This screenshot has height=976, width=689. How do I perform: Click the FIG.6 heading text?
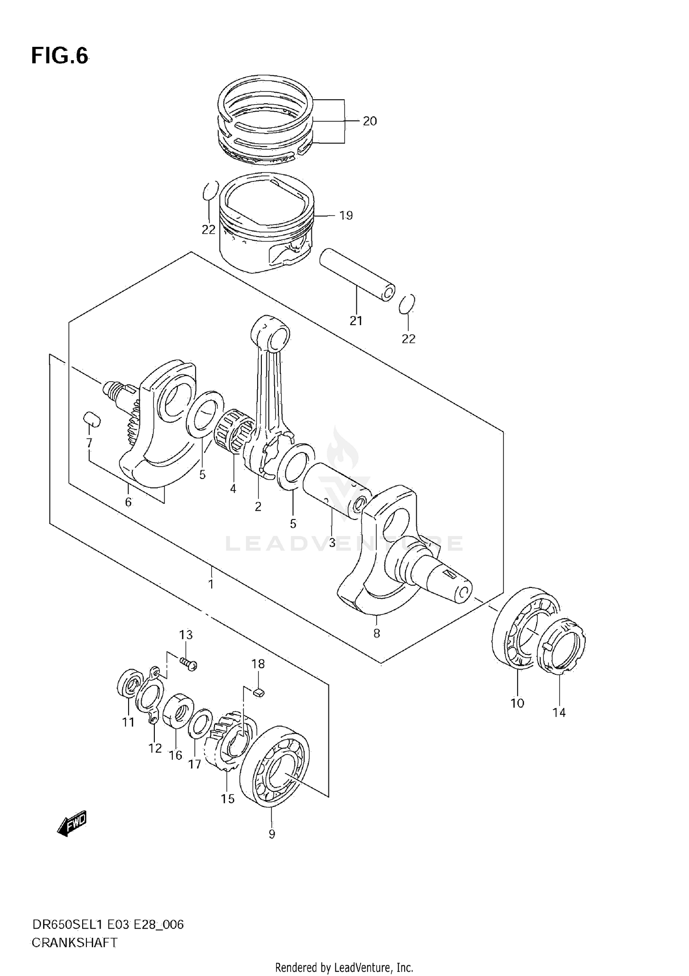pos(59,56)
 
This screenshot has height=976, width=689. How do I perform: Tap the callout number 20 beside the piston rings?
pos(369,121)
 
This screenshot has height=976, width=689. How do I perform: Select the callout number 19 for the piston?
pos(345,215)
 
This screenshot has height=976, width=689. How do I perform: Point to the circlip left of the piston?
pos(209,191)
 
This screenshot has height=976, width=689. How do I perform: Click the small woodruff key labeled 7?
pos(92,419)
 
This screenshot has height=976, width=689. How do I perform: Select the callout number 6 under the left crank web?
pos(128,502)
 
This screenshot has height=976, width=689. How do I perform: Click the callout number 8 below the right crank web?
pos(377,633)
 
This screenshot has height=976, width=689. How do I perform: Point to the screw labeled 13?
pos(188,664)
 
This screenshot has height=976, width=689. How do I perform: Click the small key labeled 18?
pos(259,692)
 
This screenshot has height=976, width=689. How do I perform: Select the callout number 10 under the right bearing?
pos(517,703)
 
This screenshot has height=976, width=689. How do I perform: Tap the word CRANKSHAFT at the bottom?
pos(74,943)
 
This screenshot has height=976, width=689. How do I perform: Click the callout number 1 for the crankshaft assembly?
pos(211,585)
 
